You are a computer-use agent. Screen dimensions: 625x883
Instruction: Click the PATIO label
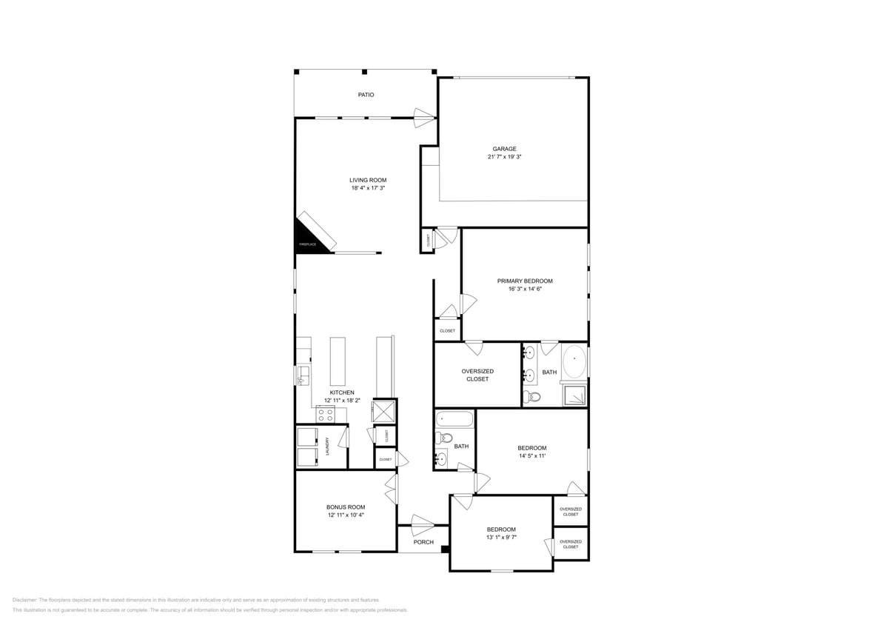pyautogui.click(x=366, y=95)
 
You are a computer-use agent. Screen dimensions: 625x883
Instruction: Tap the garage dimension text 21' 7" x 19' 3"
pyautogui.click(x=505, y=157)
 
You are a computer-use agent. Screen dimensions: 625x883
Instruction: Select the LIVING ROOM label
pyautogui.click(x=368, y=180)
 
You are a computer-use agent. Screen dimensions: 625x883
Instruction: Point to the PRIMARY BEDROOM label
pyautogui.click(x=524, y=281)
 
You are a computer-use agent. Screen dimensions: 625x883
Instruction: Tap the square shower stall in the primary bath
pyautogui.click(x=574, y=395)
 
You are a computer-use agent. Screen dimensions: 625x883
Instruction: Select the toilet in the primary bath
pyautogui.click(x=531, y=397)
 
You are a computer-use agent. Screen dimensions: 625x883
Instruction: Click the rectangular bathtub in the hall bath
pyautogui.click(x=454, y=419)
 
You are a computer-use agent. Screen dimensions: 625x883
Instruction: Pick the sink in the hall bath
pyautogui.click(x=441, y=459)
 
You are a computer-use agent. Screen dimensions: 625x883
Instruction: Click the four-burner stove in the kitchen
pyautogui.click(x=326, y=415)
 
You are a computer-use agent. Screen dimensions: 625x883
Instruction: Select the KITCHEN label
pyautogui.click(x=341, y=392)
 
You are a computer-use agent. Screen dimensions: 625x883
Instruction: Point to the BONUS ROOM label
pyautogui.click(x=346, y=507)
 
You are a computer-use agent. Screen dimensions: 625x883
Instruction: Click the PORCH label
pyautogui.click(x=423, y=542)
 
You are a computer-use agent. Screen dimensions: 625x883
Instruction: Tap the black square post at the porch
pyautogui.click(x=445, y=549)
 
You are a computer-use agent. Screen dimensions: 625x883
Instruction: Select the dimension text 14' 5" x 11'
pyautogui.click(x=531, y=456)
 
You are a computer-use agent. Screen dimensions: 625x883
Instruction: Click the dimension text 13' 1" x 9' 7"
pyautogui.click(x=501, y=538)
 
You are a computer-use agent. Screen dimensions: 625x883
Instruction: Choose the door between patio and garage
pyautogui.click(x=425, y=115)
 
